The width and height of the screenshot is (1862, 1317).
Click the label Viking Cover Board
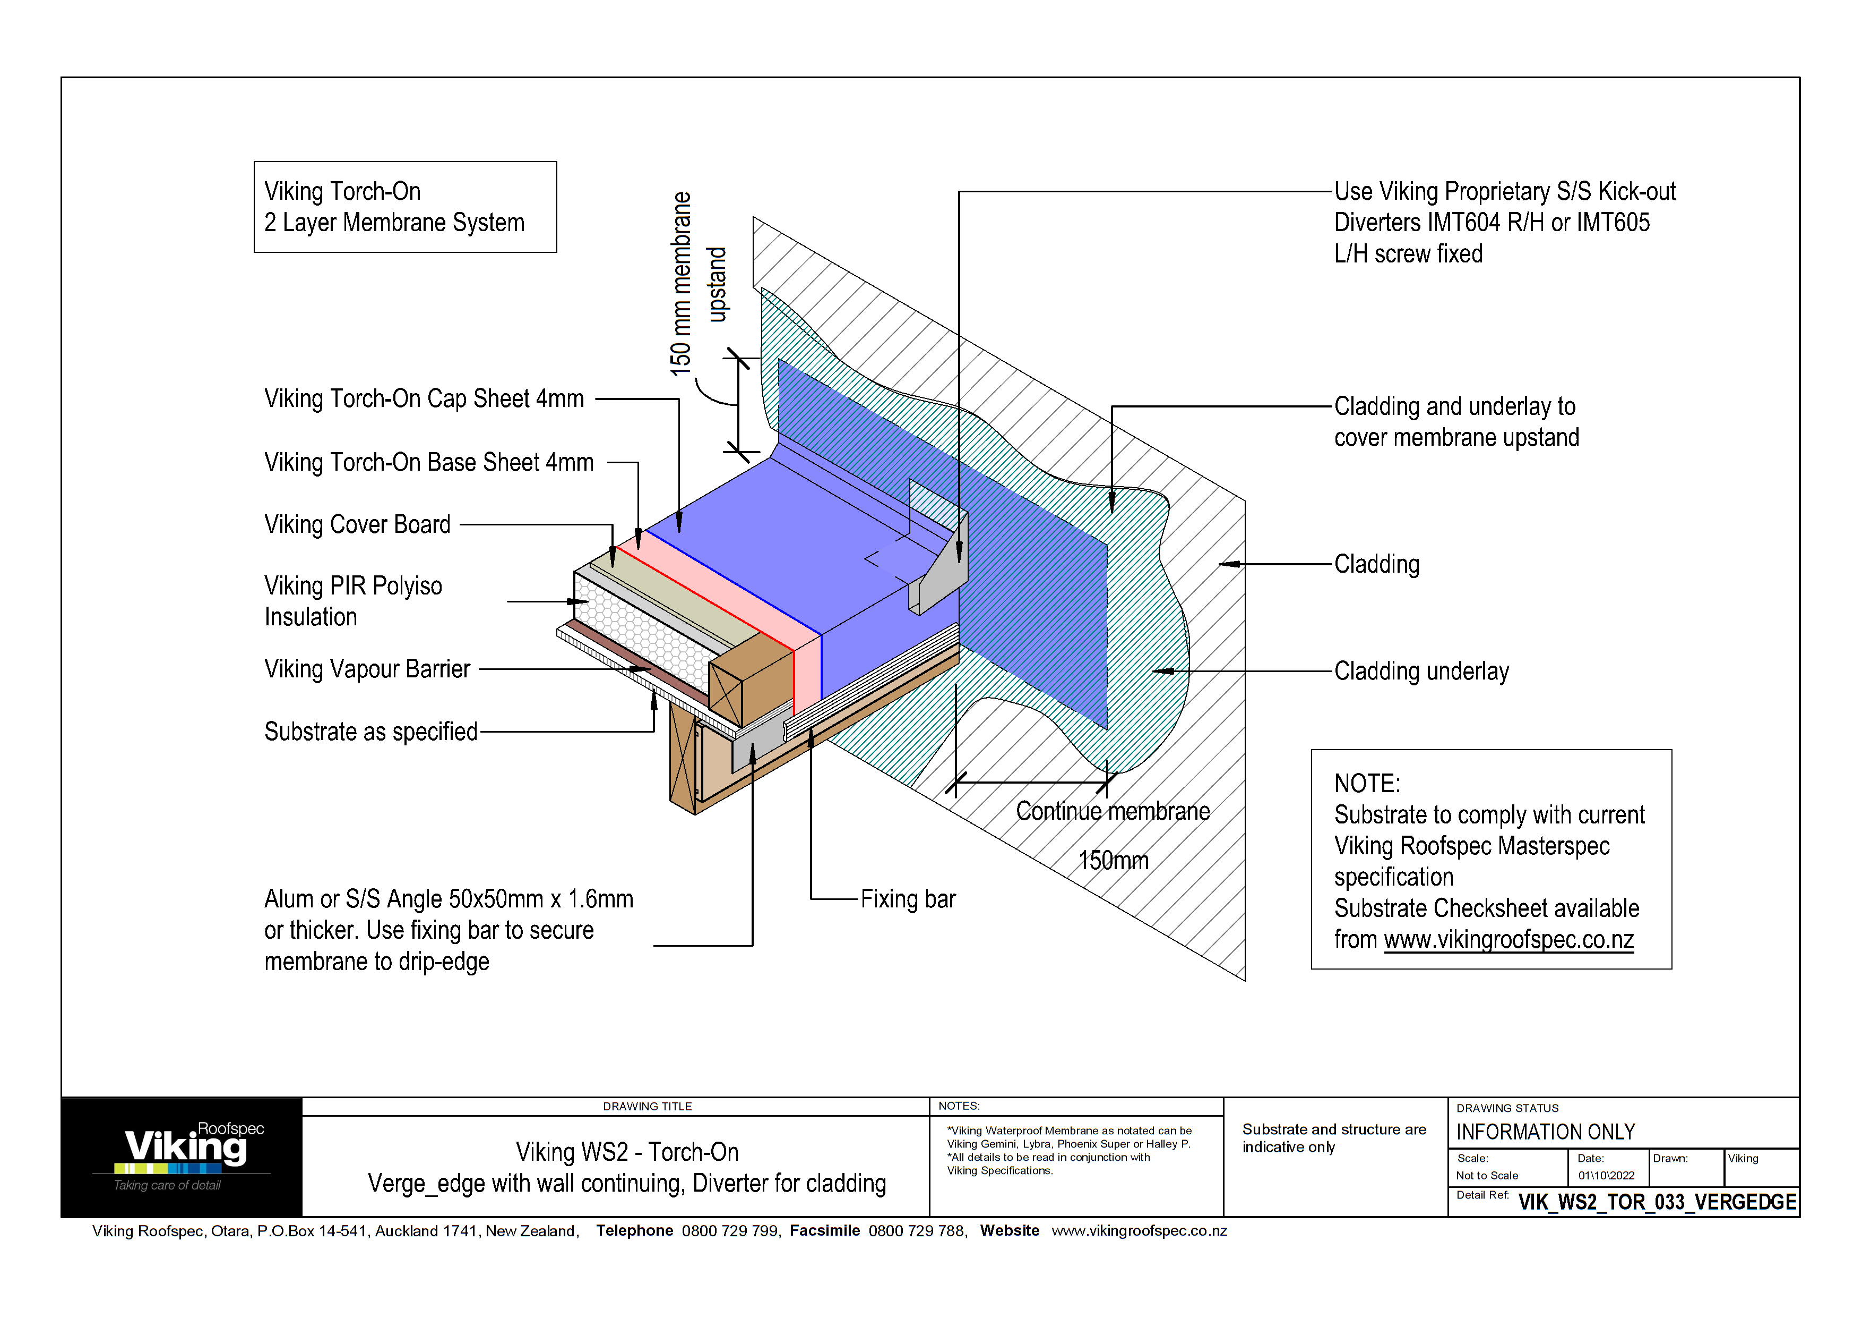(357, 525)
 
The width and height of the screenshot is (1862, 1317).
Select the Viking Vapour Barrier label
(367, 669)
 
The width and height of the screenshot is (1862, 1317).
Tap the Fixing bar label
(908, 899)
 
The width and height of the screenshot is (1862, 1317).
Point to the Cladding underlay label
(1421, 672)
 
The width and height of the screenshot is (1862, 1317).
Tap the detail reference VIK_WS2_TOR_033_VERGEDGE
(1656, 1202)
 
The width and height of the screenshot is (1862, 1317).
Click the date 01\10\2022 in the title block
(1606, 1176)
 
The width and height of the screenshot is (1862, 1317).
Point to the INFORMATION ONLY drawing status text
(1545, 1132)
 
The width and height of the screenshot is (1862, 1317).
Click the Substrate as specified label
(370, 732)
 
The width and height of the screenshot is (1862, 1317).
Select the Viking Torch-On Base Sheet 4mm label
(428, 463)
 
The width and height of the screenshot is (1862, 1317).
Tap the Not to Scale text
(1487, 1176)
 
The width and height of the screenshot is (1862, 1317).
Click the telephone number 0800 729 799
(730, 1231)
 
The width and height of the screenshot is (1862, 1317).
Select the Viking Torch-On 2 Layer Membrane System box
(404, 207)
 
